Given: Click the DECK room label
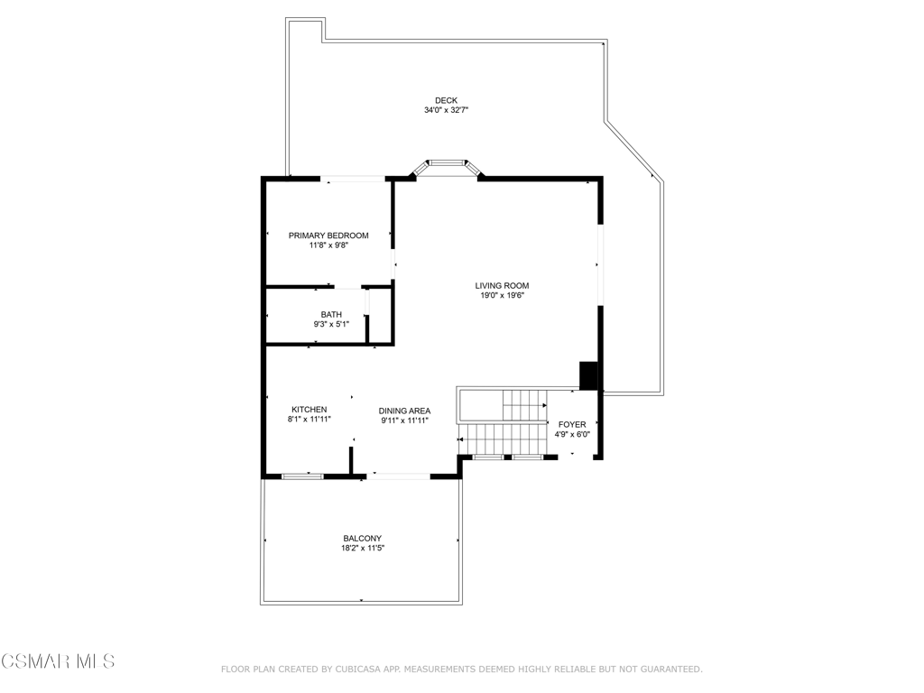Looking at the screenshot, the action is (x=446, y=101).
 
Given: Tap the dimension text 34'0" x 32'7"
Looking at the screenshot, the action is (x=446, y=110).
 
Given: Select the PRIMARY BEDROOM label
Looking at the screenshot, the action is (x=328, y=236).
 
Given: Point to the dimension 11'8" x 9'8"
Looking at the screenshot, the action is (x=328, y=245).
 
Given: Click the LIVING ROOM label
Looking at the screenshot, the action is (x=502, y=286).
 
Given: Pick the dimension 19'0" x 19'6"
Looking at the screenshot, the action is (x=502, y=296).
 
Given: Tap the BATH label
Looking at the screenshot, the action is (x=331, y=315).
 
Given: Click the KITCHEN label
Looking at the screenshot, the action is (x=310, y=410).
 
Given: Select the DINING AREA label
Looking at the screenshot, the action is (x=404, y=411).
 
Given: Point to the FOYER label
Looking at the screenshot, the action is (x=572, y=425).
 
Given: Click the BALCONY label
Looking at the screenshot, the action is (x=363, y=539).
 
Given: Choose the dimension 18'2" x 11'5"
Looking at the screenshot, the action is (x=363, y=548).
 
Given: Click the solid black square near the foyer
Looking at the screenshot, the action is (x=588, y=376).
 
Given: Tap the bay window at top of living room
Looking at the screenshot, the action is (x=446, y=166).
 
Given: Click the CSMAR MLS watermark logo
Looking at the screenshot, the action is (x=58, y=661).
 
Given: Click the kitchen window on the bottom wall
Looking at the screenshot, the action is (x=302, y=476).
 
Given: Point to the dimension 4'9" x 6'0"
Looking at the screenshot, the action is (x=572, y=434).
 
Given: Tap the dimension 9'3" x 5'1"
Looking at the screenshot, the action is (x=331, y=324).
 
